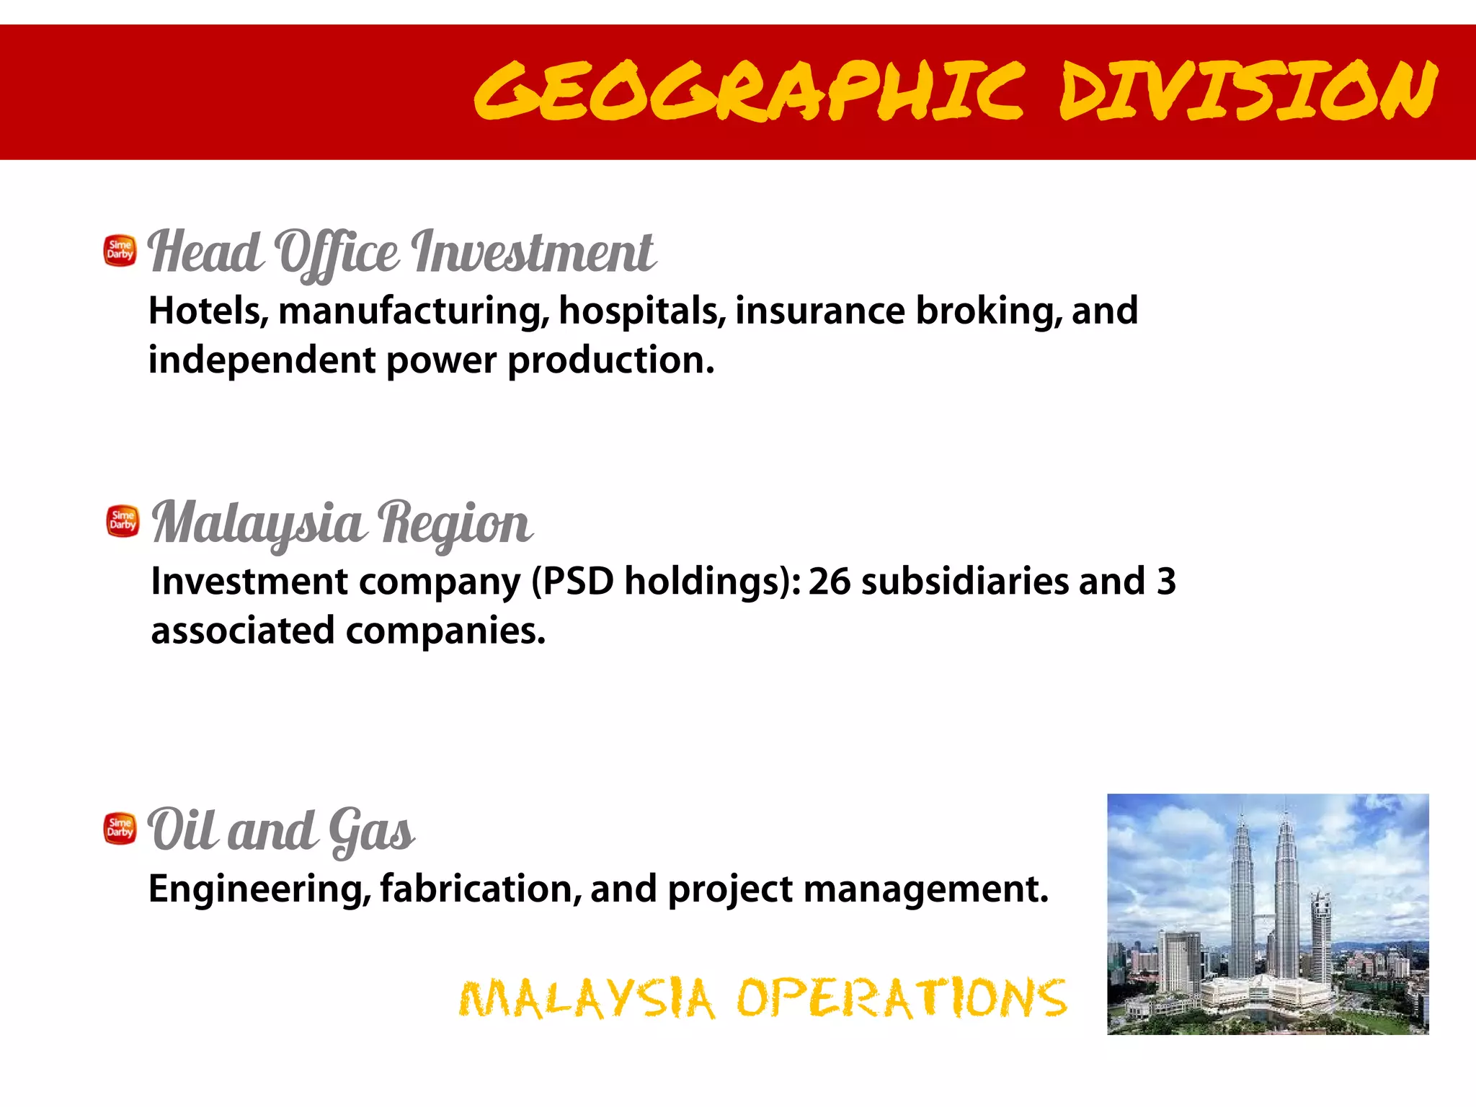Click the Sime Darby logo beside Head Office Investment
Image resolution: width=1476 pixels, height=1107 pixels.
point(120,250)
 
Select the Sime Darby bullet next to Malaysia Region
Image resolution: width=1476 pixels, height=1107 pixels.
point(123,520)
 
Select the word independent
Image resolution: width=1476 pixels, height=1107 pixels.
point(262,360)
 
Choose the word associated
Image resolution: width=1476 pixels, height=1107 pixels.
point(243,631)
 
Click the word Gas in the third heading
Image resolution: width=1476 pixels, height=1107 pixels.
point(370,830)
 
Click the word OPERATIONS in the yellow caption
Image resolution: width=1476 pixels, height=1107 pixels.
point(901,998)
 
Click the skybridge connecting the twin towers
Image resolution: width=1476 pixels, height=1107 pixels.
point(1264,916)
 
